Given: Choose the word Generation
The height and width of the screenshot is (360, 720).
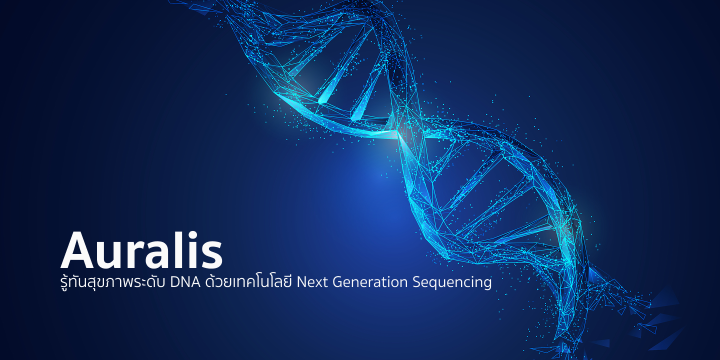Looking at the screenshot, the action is [370, 282].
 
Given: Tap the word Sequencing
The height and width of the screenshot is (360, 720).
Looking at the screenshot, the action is [452, 283].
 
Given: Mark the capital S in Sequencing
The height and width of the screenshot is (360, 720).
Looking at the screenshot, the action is [417, 282].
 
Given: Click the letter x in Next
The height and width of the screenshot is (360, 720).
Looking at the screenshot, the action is [318, 283].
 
